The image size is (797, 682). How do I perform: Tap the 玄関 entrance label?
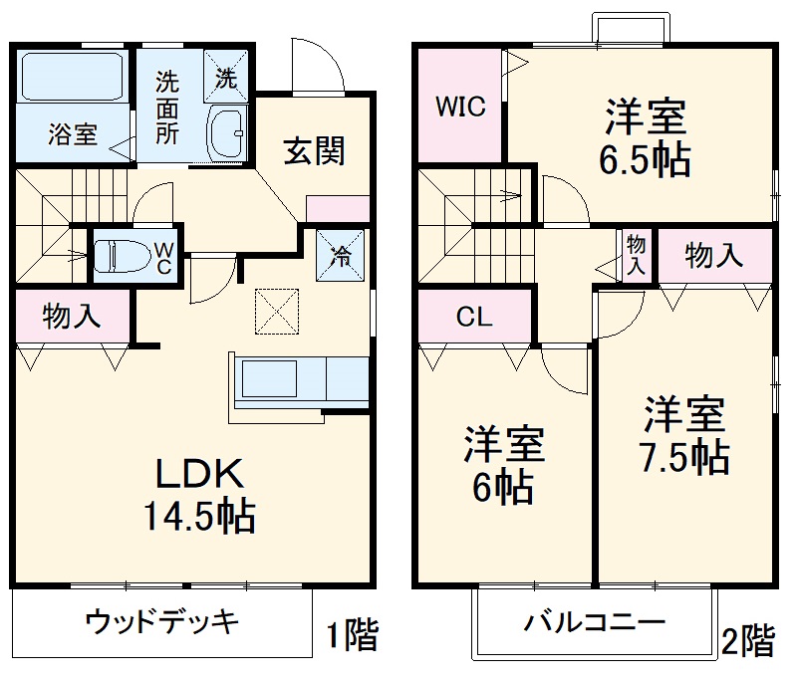tap(315, 151)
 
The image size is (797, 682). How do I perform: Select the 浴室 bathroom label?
tap(73, 134)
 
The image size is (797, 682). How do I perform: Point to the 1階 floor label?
tap(352, 635)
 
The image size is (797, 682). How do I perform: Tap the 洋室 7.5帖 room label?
tap(683, 435)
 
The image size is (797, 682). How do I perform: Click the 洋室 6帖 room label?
tap(504, 465)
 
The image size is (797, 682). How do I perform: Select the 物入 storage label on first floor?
tap(72, 316)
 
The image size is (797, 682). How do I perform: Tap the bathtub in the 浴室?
tap(71, 75)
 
